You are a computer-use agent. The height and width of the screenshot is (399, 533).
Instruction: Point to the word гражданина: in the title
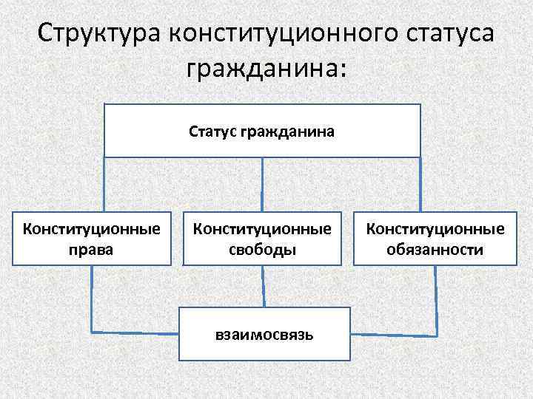266,72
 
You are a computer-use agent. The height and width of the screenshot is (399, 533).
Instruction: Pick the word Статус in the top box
212,132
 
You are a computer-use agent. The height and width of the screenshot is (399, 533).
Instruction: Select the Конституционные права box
92,239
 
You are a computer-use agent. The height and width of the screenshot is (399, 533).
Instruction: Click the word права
92,249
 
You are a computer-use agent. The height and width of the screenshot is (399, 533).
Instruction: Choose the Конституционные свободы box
262,239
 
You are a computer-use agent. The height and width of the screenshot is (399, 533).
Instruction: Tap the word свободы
262,250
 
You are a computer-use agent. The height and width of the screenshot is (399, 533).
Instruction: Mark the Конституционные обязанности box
435,239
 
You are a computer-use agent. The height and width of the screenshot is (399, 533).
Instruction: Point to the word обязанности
435,250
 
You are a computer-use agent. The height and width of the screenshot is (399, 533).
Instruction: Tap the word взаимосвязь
264,335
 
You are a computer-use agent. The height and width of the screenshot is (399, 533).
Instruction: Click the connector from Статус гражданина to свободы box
262,185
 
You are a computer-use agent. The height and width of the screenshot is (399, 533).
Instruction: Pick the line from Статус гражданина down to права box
104,185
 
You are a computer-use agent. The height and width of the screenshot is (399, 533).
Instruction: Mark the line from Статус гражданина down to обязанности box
420,185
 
